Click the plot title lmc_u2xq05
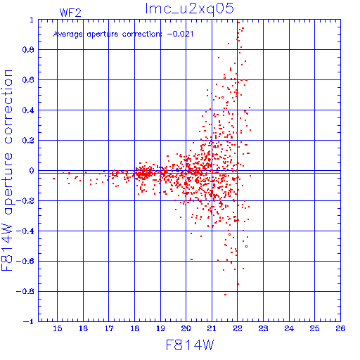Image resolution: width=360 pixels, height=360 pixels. [190, 9]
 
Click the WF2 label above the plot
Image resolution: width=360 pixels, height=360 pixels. [70, 13]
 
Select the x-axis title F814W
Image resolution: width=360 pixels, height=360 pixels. [190, 345]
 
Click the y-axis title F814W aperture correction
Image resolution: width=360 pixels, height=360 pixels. [7, 170]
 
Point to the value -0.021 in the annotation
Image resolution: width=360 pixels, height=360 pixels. [180, 34]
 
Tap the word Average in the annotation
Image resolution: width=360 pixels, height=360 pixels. [68, 34]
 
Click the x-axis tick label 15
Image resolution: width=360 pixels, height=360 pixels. [57, 328]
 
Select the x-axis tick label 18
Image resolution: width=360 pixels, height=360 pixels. [135, 328]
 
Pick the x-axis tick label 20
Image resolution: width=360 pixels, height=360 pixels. [186, 328]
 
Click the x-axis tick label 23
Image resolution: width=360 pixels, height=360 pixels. [263, 328]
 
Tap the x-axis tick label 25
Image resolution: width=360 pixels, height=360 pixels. [314, 328]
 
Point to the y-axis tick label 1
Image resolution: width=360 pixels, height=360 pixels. [32, 20]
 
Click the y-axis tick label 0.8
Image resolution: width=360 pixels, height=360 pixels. [28, 50]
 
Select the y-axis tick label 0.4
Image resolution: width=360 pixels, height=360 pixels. [28, 110]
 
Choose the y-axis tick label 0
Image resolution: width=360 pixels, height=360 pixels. [32, 171]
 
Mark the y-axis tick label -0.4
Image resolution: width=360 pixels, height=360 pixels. [25, 231]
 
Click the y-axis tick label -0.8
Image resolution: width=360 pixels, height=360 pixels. [25, 292]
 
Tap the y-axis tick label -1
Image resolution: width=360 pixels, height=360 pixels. [28, 321]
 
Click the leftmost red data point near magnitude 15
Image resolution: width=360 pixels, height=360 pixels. [54, 179]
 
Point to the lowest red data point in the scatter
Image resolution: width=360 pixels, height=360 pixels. [226, 295]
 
